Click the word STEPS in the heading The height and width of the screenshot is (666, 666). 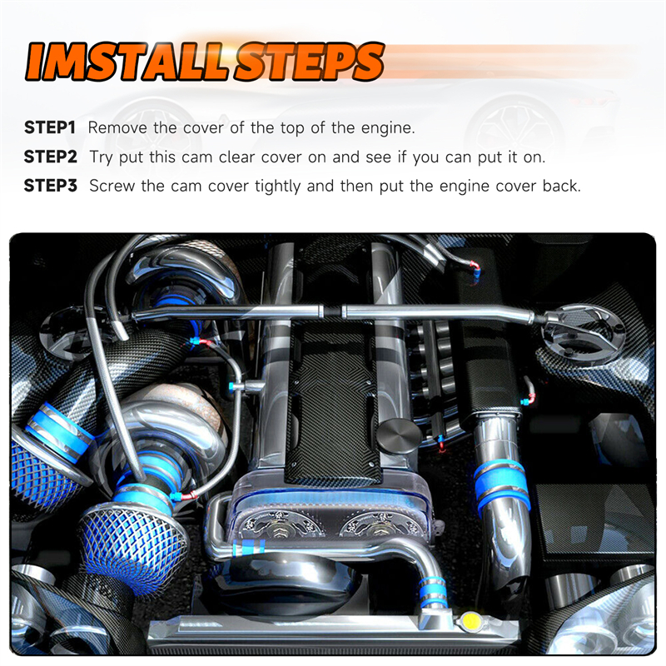click(309, 62)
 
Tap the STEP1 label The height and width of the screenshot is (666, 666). click(50, 127)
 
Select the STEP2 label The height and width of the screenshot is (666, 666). click(51, 157)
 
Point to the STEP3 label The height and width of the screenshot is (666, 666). click(51, 186)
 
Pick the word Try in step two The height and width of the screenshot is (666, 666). click(101, 158)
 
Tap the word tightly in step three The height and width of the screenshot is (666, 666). click(278, 186)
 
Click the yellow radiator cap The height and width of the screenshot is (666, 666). click(470, 621)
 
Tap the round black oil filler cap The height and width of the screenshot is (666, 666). click(399, 435)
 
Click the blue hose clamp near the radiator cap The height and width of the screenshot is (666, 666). click(432, 591)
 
